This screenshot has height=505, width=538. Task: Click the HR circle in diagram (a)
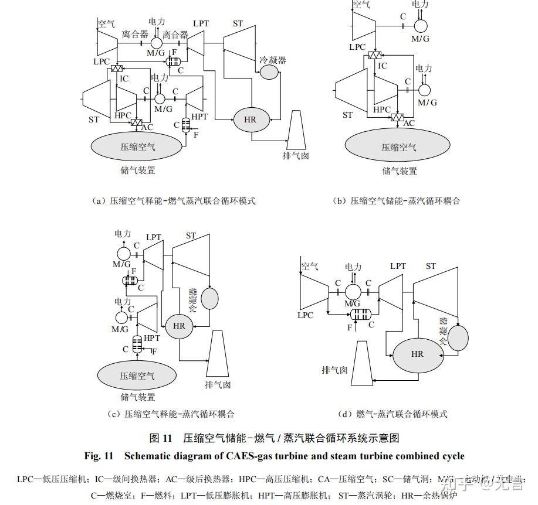(251, 120)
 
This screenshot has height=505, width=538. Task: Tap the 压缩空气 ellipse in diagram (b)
(399, 147)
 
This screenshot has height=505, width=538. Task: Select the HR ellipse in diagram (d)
(417, 354)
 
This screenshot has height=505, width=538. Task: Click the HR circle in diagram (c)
(179, 326)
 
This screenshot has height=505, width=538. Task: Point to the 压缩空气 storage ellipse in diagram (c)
(137, 376)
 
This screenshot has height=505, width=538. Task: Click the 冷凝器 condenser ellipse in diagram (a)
(269, 71)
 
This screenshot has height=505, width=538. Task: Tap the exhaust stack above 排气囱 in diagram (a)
(297, 129)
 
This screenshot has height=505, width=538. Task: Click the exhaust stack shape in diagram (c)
(217, 354)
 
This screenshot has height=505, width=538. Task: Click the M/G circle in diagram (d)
(353, 291)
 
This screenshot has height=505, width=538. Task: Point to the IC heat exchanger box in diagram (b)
(374, 56)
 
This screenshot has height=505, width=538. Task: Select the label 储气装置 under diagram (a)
(138, 170)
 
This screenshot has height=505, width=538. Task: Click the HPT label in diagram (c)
(152, 338)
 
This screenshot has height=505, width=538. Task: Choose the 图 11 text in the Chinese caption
(161, 438)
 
